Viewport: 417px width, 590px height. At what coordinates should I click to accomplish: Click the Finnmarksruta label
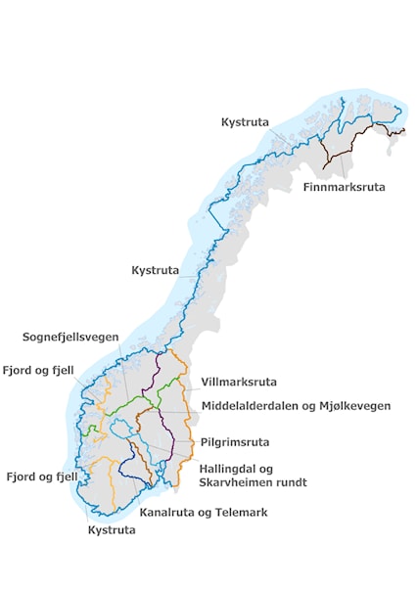pyautogui.click(x=344, y=186)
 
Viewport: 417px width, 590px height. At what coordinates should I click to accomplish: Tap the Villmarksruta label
pyautogui.click(x=238, y=382)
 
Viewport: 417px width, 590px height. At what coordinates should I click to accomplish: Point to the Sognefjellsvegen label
pyautogui.click(x=69, y=337)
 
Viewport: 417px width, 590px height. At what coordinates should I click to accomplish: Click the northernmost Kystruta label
pyautogui.click(x=245, y=122)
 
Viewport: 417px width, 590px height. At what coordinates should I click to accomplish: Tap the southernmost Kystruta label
pyautogui.click(x=111, y=530)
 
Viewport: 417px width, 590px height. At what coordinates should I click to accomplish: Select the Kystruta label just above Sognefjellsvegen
pyautogui.click(x=155, y=269)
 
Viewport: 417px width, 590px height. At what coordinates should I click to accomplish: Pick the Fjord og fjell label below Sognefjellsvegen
pyautogui.click(x=37, y=371)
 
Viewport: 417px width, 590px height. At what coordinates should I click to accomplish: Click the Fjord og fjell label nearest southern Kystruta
pyautogui.click(x=41, y=477)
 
